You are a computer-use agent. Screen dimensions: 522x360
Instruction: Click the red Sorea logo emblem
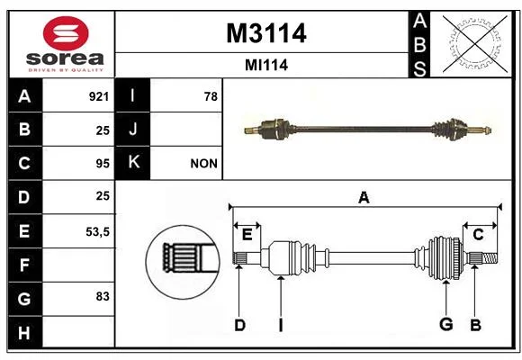click(66, 33)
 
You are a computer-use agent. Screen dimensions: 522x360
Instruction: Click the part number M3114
click(266, 33)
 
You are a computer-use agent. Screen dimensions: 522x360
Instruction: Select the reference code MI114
click(266, 65)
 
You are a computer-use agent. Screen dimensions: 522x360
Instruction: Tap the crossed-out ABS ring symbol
click(475, 44)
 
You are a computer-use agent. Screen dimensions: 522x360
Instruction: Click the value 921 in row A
click(99, 96)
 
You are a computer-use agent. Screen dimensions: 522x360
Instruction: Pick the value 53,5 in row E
click(97, 232)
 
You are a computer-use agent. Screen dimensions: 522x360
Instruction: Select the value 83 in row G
click(103, 296)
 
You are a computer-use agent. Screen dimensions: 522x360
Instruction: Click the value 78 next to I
click(211, 96)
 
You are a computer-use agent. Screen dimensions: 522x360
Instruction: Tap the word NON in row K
click(203, 164)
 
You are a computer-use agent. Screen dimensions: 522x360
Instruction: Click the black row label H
click(25, 332)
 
